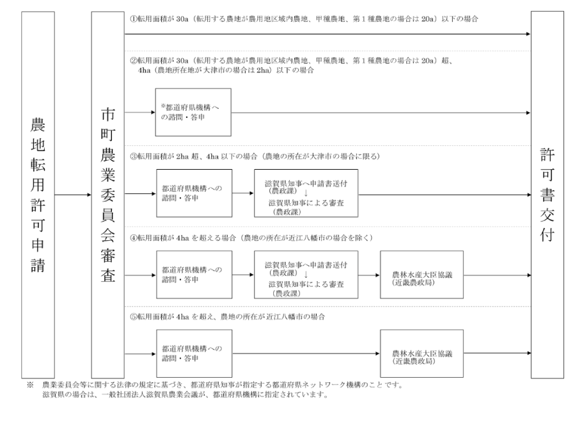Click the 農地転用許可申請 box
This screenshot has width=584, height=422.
pyautogui.click(x=38, y=195)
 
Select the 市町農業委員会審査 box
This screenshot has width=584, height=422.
pyautogui.click(x=108, y=195)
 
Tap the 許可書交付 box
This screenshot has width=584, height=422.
pyautogui.click(x=547, y=195)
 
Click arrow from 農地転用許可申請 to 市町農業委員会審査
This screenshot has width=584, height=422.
pyautogui.click(x=73, y=195)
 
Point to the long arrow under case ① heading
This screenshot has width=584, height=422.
pyautogui.click(x=328, y=34)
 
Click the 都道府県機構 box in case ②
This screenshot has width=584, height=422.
pyautogui.click(x=193, y=112)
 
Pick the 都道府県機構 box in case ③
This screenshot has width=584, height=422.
pyautogui.click(x=194, y=193)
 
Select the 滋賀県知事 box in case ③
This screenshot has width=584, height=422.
pyautogui.click(x=306, y=193)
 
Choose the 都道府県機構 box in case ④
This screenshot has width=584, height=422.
pyautogui.click(x=194, y=275)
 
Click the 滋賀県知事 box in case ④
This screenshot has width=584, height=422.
pyautogui.click(x=306, y=275)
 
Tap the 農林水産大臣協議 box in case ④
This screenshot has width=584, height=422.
pyautogui.click(x=422, y=275)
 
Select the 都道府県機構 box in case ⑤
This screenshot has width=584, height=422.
pyautogui.click(x=194, y=353)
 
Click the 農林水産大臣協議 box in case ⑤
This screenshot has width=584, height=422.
pyautogui.click(x=422, y=353)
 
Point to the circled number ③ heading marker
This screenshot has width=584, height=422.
pyautogui.click(x=133, y=157)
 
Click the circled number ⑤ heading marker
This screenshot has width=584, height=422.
pyautogui.click(x=133, y=317)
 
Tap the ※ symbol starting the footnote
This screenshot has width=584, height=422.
pyautogui.click(x=30, y=385)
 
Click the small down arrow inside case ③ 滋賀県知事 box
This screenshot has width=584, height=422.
pyautogui.click(x=306, y=193)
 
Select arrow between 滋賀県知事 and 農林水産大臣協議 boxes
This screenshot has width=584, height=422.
pyautogui.click(x=369, y=275)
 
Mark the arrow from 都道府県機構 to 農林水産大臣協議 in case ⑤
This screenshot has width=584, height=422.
pyautogui.click(x=306, y=353)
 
